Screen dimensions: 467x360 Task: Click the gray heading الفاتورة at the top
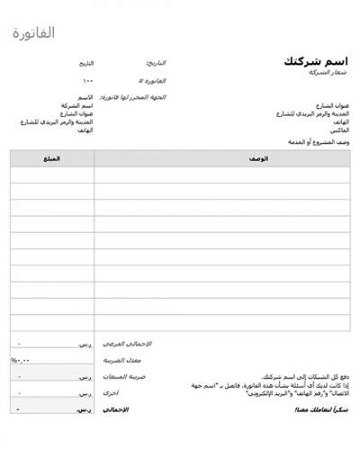click(x=35, y=33)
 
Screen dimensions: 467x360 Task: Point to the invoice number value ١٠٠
click(x=87, y=80)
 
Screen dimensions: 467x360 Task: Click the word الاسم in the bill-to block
click(x=85, y=97)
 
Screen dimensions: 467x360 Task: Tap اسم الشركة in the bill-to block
click(x=77, y=105)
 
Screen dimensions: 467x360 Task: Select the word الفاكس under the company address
click(x=340, y=130)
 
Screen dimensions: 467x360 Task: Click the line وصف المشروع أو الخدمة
click(x=318, y=142)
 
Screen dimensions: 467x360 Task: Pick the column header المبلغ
click(x=52, y=157)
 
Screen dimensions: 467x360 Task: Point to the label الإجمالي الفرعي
click(x=128, y=344)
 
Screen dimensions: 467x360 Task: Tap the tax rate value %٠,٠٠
click(x=21, y=360)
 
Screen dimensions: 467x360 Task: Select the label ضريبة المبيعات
click(x=124, y=376)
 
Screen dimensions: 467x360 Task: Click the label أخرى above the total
click(x=110, y=392)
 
